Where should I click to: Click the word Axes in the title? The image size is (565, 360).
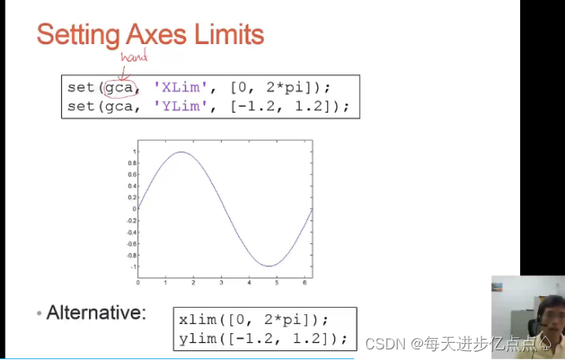click(157, 34)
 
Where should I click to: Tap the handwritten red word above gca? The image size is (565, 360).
click(134, 56)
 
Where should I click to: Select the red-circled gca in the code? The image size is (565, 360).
click(119, 87)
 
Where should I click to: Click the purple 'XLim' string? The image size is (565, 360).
click(180, 87)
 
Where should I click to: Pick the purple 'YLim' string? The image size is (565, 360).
click(180, 106)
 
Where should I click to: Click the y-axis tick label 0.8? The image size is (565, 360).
click(132, 163)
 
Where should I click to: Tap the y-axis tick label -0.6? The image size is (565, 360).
click(131, 244)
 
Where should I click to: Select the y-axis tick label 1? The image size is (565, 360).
click(135, 152)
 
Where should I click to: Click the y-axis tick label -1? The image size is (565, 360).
click(133, 267)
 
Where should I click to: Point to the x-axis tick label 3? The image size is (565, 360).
click(221, 283)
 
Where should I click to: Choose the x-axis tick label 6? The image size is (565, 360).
click(305, 283)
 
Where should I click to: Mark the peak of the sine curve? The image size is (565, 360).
click(181, 152)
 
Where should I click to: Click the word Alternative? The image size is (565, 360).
click(96, 313)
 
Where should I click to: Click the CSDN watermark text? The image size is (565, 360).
click(385, 344)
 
